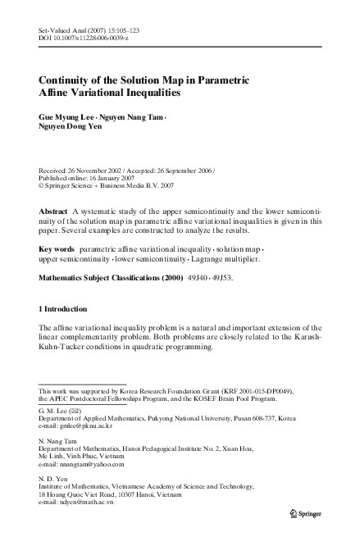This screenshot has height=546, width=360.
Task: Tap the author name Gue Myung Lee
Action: pos(68,116)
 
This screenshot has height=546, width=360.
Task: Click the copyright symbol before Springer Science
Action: pos(42,186)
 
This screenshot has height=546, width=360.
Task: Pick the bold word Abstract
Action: pos(53,212)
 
